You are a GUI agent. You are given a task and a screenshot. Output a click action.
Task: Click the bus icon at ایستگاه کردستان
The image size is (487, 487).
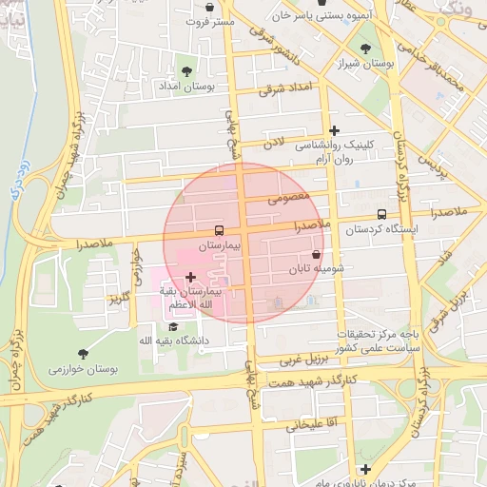tap(381, 214)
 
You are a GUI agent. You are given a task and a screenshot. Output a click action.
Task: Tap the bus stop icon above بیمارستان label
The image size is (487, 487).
tap(220, 230)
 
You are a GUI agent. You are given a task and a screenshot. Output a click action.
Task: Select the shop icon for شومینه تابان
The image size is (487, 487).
tap(316, 255)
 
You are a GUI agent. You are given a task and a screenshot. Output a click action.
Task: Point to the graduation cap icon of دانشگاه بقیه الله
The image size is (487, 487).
tap(172, 326)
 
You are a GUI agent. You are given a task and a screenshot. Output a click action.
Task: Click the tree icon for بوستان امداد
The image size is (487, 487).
tap(185, 70)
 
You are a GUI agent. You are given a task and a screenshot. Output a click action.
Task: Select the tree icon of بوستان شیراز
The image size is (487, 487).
tap(365, 49)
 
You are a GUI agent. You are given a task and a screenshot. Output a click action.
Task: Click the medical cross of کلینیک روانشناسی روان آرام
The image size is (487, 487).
tap(333, 130)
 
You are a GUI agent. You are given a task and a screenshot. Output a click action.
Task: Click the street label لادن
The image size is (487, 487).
tap(275, 142)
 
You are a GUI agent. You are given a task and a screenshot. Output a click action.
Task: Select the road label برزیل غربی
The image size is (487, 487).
tap(304, 360)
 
